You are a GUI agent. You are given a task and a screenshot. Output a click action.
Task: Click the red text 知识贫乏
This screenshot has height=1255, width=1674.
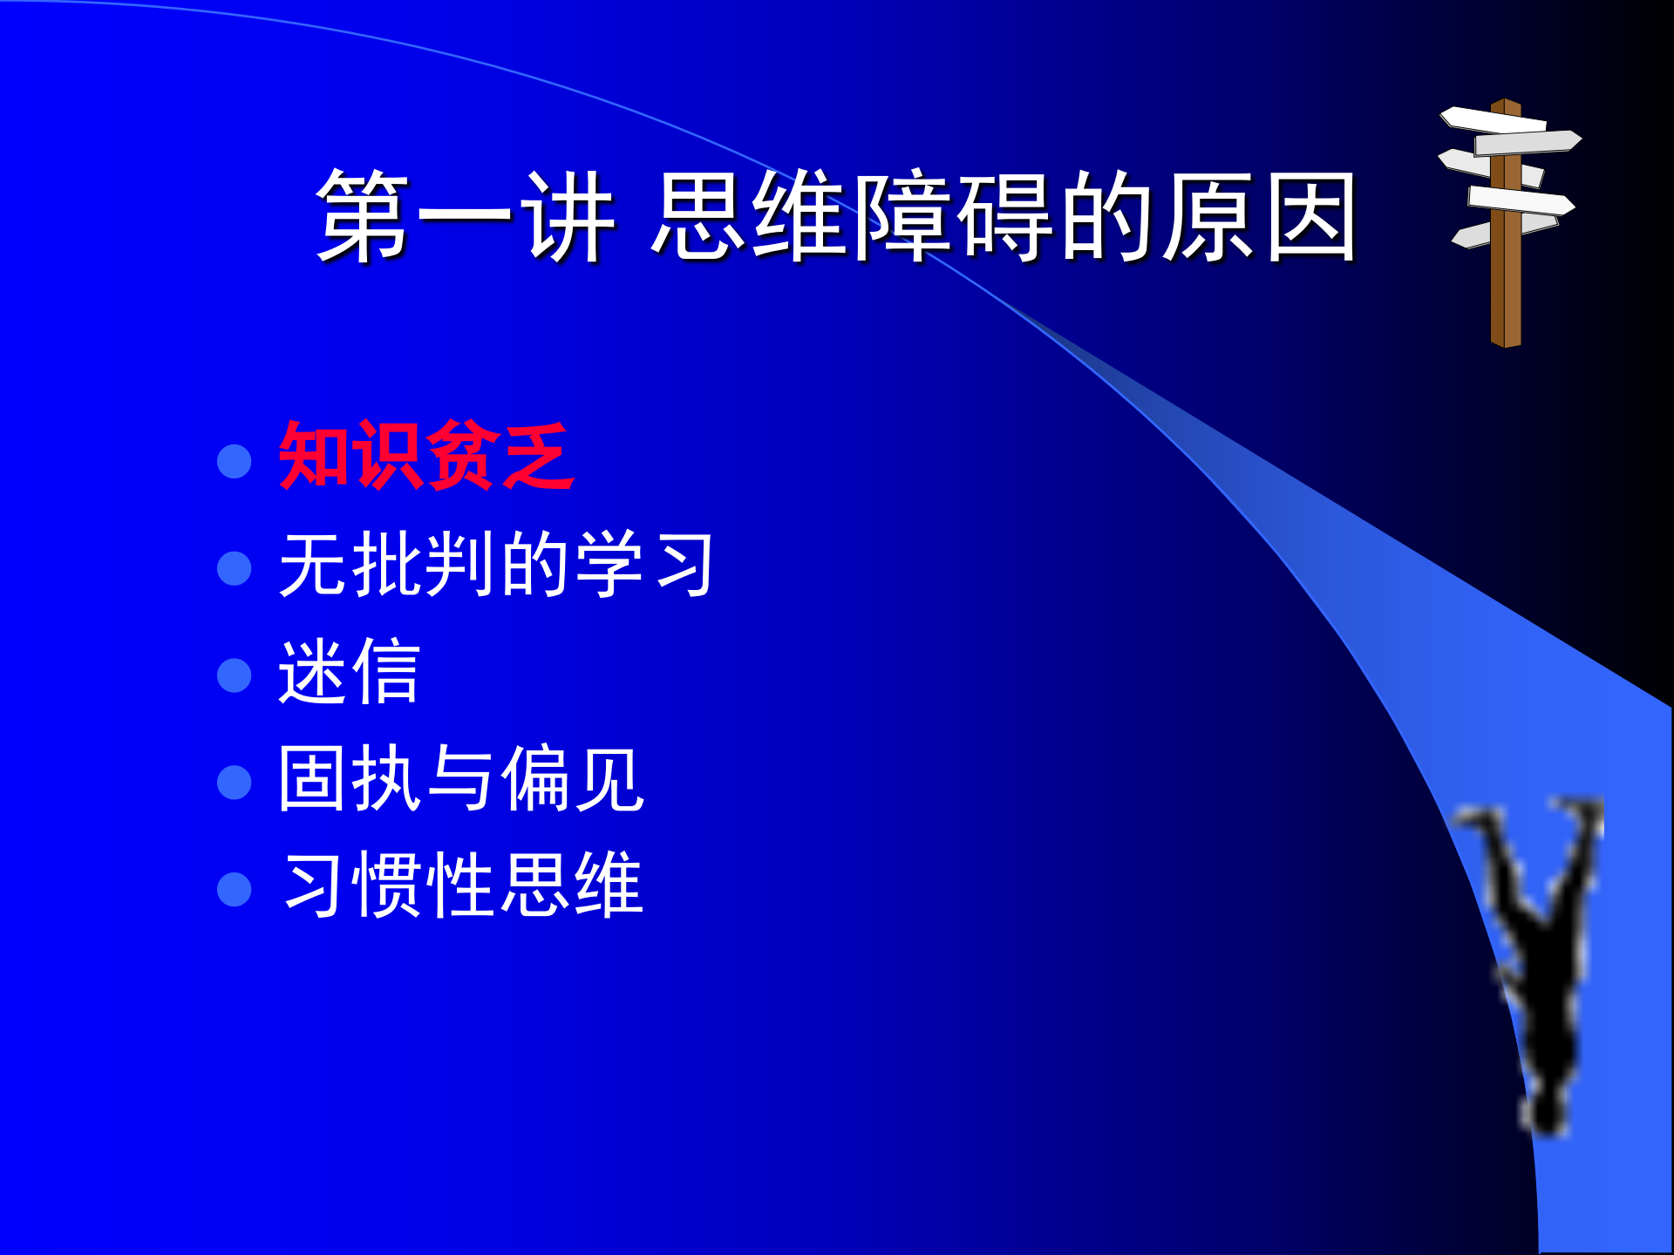[x=425, y=455]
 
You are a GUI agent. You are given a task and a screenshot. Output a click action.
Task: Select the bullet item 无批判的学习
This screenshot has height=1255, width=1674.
[x=495, y=565]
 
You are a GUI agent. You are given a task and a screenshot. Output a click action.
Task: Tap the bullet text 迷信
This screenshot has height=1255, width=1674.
[x=349, y=671]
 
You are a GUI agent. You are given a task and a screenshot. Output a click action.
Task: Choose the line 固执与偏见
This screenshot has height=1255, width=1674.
[x=460, y=778]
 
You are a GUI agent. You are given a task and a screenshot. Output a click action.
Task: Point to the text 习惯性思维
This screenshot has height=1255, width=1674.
[x=462, y=885]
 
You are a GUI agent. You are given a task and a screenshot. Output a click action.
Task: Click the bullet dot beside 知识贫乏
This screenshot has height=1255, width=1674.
[x=234, y=461]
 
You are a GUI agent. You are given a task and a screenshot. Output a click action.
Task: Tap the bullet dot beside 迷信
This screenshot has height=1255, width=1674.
[x=234, y=675]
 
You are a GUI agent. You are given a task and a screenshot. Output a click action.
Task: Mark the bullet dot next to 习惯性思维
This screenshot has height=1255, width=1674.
[x=234, y=890]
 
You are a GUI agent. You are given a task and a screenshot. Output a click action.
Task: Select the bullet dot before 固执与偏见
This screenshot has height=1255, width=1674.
[x=234, y=783]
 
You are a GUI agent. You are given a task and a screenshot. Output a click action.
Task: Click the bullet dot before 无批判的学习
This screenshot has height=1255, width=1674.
[x=234, y=568]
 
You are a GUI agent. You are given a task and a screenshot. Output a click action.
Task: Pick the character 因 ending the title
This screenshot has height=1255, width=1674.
[x=1310, y=216]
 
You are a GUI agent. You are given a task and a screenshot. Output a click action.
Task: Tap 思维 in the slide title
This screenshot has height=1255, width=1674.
[x=750, y=216]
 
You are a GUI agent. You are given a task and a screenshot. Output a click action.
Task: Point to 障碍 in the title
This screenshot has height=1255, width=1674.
[x=955, y=216]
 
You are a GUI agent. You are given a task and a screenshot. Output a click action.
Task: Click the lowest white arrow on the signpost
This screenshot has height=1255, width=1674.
[x=1482, y=232]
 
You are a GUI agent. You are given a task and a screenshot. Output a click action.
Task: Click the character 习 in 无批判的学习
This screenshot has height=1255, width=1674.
[x=686, y=565]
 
